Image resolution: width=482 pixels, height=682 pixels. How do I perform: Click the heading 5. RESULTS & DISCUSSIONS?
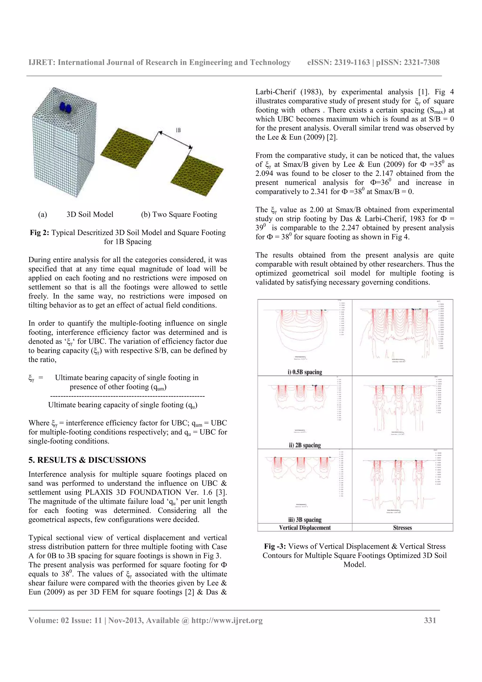[x=87, y=460]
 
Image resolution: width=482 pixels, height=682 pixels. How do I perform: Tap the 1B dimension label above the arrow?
[x=178, y=130]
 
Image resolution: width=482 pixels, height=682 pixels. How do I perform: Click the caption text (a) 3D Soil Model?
[x=76, y=214]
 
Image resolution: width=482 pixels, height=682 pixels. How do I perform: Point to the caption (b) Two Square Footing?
[x=179, y=214]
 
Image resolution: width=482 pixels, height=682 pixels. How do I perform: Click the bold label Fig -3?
[x=275, y=546]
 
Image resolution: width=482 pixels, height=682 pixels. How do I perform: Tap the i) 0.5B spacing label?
[x=305, y=372]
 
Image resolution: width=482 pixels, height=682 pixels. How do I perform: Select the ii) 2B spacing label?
[x=305, y=445]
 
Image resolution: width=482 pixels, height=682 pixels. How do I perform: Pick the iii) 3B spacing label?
[x=305, y=520]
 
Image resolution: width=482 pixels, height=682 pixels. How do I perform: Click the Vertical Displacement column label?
[x=305, y=528]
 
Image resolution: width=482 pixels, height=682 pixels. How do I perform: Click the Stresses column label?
[x=402, y=528]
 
